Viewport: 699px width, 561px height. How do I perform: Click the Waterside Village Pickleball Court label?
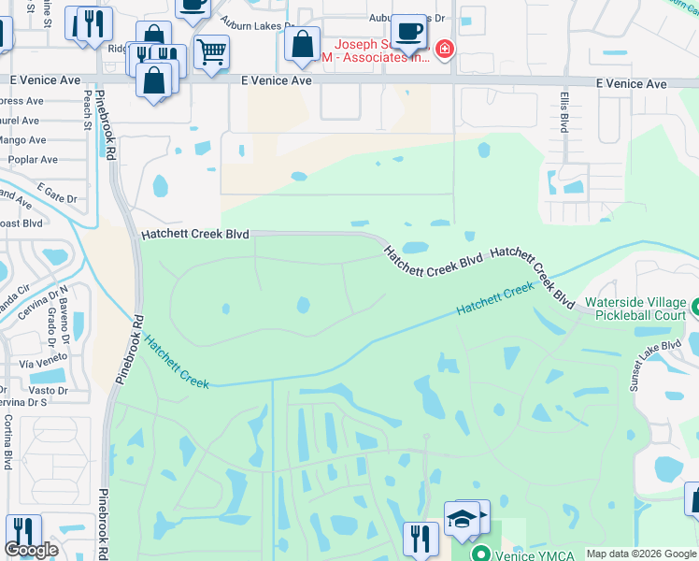click(635, 309)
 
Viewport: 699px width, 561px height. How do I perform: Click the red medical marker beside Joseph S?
click(445, 49)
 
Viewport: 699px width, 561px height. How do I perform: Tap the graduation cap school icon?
click(462, 518)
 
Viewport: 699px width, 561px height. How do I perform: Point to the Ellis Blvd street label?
click(563, 114)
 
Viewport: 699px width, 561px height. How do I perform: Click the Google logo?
click(31, 550)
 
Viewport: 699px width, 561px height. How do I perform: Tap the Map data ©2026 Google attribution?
click(640, 554)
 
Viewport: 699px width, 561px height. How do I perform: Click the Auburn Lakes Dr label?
click(257, 22)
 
